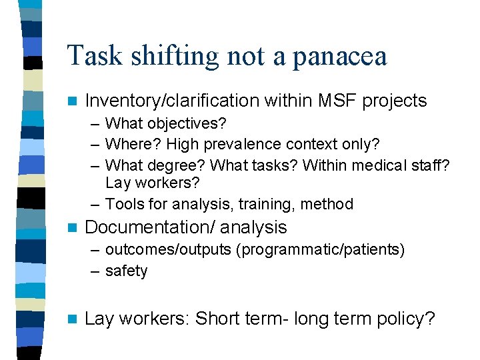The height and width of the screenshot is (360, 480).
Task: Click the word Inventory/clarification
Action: [x=173, y=101]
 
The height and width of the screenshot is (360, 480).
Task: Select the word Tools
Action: [x=125, y=204]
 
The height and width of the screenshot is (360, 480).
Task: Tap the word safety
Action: [x=126, y=271]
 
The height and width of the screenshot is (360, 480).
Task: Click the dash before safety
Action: [x=94, y=271]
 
